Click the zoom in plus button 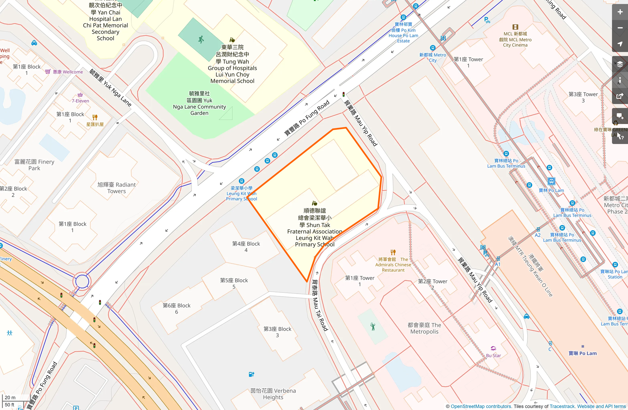tap(620, 12)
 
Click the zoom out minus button tap(620, 28)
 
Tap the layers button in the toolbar tap(620, 64)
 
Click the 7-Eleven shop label tap(80, 101)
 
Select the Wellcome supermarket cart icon tap(48, 72)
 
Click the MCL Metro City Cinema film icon tap(515, 27)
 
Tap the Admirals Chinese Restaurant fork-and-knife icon tap(393, 252)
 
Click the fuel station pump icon tap(251, 374)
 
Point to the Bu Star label tap(493, 355)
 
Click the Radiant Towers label tap(116, 188)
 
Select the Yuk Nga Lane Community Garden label tap(199, 103)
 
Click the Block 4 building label tap(246, 247)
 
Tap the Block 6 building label tap(176, 308)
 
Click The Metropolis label tap(424, 328)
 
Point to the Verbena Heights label tap(273, 394)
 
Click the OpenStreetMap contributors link tap(481, 406)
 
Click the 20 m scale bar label tap(10, 397)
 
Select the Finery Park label tap(34, 165)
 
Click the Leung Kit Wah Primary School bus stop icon tap(242, 181)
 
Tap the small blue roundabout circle tap(82, 281)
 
